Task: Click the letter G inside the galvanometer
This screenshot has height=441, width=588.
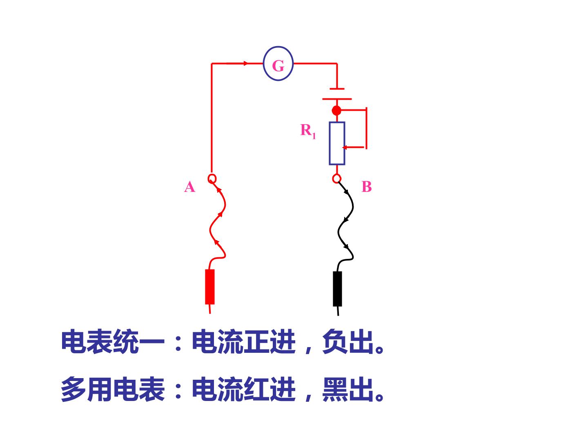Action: (278, 66)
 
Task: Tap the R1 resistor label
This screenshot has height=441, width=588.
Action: (308, 131)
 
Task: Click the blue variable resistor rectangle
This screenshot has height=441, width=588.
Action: (330, 143)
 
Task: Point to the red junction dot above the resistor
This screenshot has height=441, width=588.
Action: (336, 110)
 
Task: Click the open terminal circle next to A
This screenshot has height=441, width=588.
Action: (212, 175)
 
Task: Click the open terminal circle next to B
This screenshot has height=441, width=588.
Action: (336, 175)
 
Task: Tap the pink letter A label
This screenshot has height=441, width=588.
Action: (189, 187)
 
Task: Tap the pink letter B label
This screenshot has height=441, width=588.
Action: (366, 186)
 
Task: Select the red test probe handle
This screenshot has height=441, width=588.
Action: (210, 287)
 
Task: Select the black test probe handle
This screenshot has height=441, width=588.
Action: (337, 289)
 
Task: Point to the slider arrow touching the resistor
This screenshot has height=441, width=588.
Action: (345, 147)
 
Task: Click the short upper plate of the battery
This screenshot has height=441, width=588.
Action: (337, 89)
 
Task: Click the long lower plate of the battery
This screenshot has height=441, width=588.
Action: (337, 99)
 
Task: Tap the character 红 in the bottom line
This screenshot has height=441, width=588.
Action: (256, 389)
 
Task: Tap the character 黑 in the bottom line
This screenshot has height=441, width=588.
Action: (335, 390)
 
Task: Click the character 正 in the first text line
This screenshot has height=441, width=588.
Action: (256, 342)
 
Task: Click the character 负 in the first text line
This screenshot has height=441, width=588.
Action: (335, 342)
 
